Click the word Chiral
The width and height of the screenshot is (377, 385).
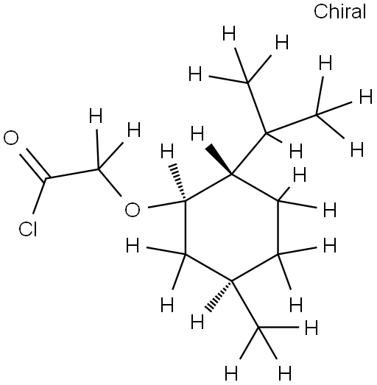340,12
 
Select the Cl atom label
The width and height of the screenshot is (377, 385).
28,230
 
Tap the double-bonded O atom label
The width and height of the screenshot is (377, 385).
11,138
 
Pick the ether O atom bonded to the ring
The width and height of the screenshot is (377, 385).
133,210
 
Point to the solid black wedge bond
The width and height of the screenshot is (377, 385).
219,159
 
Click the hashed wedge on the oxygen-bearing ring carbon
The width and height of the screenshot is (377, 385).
177,182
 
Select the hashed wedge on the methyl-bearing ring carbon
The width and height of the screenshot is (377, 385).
219,296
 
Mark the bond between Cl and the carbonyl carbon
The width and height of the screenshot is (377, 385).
40,196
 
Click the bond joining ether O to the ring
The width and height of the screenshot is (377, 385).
166,205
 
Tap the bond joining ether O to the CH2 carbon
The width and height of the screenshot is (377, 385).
110,183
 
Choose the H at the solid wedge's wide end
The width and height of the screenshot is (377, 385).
197,133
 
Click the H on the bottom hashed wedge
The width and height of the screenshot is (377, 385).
197,322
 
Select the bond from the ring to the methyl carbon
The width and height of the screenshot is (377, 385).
245,304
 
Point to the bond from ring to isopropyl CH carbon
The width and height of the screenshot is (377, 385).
249,154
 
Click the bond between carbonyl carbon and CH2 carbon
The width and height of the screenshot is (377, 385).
72,174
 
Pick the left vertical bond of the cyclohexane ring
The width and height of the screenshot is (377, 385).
186,227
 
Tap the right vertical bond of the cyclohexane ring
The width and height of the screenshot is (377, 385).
278,227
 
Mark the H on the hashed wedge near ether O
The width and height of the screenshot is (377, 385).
167,151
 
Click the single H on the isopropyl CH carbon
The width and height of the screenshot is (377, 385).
296,151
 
